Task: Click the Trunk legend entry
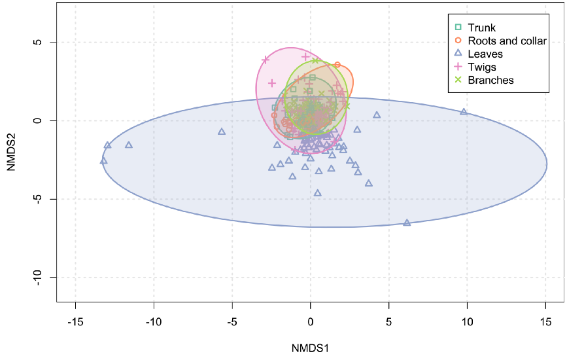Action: [x=481, y=27]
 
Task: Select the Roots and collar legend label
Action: [x=507, y=41]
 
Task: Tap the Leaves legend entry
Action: [x=485, y=54]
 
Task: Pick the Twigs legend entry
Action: [x=482, y=67]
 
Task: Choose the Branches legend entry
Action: [x=490, y=80]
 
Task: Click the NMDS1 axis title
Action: [x=310, y=348]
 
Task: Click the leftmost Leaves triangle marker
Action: [x=103, y=160]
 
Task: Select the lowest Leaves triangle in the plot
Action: [x=407, y=223]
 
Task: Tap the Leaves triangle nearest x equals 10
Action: [x=464, y=112]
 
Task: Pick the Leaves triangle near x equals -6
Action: [x=222, y=132]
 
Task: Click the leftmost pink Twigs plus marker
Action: [x=266, y=60]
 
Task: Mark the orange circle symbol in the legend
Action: [x=458, y=41]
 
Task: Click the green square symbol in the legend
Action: [x=458, y=27]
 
